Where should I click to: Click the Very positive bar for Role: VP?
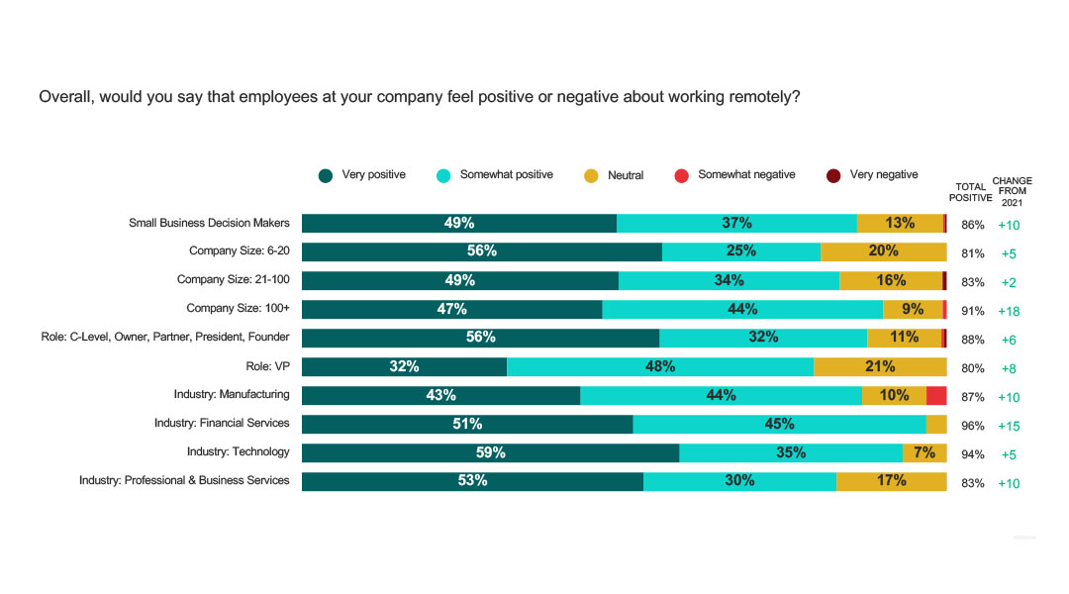404,366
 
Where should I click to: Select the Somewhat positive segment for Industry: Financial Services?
779,424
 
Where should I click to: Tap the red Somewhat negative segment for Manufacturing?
936,395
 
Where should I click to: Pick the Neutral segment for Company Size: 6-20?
883,251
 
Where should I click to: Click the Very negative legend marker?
834,176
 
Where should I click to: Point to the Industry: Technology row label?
238,451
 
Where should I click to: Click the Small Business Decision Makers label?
209,223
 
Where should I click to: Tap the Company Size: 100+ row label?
238,309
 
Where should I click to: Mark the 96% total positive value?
972,427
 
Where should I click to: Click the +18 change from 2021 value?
1009,311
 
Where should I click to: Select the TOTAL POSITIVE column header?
970,192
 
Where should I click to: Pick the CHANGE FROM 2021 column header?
1012,191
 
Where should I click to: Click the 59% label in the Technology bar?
490,452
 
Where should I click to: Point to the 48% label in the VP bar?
660,366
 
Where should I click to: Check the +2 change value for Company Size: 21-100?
1009,282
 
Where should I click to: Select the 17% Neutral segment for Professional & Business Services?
891,481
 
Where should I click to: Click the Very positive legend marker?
326,176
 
